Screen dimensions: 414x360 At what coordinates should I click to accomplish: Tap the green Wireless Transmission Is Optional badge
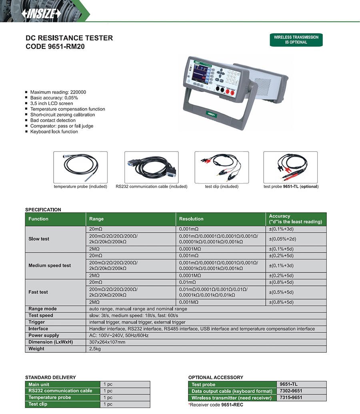tap(296, 40)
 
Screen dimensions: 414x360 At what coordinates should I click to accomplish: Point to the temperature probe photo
tap(80, 167)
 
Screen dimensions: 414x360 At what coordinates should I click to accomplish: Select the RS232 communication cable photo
tap(151, 167)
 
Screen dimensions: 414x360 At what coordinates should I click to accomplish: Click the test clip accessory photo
tap(222, 167)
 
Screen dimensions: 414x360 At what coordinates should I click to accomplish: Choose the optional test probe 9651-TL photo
tap(291, 167)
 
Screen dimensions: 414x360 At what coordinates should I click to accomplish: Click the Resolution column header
tap(191, 219)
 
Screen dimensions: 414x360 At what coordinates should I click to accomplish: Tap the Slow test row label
tap(39, 239)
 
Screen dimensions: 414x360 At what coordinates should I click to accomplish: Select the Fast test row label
tap(38, 292)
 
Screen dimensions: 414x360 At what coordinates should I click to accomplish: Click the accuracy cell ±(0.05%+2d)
tap(282, 239)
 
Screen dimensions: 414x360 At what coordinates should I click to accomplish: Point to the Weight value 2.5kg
tap(95, 349)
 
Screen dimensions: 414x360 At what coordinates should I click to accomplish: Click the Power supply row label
tap(44, 335)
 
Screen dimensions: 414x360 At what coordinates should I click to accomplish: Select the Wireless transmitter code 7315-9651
tap(291, 398)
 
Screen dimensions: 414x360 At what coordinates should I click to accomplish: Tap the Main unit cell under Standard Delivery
tap(39, 384)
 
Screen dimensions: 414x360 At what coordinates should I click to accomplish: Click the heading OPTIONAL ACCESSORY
tap(216, 377)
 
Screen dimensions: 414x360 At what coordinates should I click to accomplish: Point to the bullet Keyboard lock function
tap(54, 131)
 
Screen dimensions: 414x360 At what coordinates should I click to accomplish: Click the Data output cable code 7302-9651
tap(291, 391)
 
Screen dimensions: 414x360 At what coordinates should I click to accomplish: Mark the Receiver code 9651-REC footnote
tap(216, 404)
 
